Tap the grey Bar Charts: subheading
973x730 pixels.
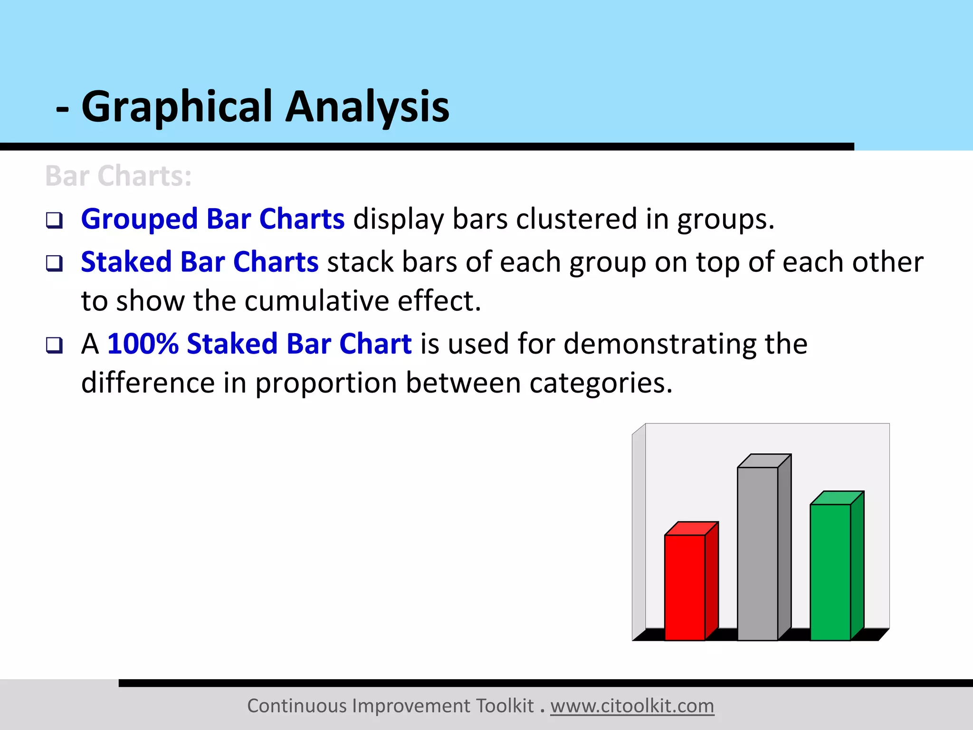coord(118,176)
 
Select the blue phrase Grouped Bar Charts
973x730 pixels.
coord(212,219)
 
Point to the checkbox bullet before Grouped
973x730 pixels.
coord(54,220)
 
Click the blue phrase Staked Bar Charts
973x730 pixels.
coord(200,262)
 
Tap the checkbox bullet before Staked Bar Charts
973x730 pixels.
coord(54,263)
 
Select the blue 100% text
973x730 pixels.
coord(143,344)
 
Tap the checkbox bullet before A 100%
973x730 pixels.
coord(54,345)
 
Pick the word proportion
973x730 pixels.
coord(326,383)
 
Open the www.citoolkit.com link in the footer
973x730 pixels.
coord(632,706)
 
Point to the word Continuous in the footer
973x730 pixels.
coord(297,706)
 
